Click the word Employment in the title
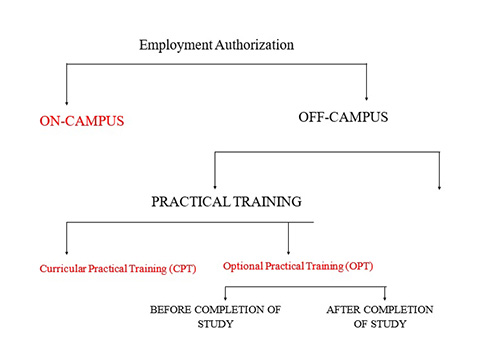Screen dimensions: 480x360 tap(176, 46)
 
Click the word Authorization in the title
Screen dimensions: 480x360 tap(255, 45)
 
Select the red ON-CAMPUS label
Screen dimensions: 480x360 tap(82, 121)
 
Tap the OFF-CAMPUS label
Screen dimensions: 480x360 tap(343, 117)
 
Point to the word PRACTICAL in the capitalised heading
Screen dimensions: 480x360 tap(191, 202)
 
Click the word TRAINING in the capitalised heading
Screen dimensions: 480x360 tap(267, 202)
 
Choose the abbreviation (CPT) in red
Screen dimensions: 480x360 tap(182, 269)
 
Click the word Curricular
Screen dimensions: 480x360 tap(63, 269)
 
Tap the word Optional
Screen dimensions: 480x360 tap(243, 266)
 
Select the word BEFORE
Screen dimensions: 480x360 tap(170, 310)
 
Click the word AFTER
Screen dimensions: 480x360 tap(343, 310)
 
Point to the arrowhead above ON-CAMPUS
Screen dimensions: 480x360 tap(67, 103)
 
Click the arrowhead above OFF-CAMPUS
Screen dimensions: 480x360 tap(366, 98)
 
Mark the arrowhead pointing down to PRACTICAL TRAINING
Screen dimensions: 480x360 tap(215, 186)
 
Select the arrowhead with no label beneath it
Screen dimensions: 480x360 tap(439, 187)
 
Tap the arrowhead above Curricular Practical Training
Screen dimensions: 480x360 tap(67, 252)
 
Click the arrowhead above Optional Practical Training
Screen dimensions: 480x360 tap(288, 252)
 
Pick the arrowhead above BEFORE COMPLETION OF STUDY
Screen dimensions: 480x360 tap(225, 298)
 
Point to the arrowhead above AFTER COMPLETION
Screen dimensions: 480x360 tap(385, 298)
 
